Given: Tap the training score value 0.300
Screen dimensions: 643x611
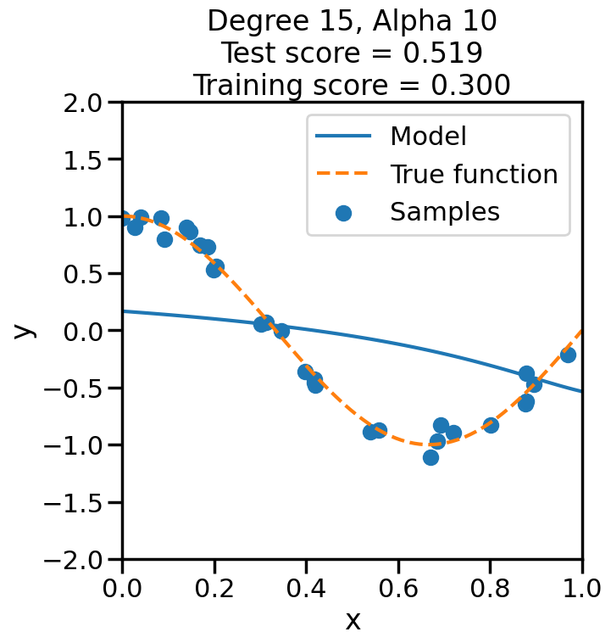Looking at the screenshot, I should tap(472, 85).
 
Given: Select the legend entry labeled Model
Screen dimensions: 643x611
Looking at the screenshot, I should tap(428, 136).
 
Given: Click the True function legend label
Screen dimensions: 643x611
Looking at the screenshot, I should tap(474, 174).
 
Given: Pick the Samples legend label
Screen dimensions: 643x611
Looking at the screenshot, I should tap(445, 212).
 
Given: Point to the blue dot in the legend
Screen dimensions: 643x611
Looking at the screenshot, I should tap(343, 213).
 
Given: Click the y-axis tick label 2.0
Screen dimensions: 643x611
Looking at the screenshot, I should tap(87, 103).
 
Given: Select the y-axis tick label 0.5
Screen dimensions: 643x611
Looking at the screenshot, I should tap(87, 274).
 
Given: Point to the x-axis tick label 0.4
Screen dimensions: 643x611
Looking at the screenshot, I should tap(307, 587).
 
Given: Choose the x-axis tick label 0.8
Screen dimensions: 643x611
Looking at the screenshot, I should tap(491, 587).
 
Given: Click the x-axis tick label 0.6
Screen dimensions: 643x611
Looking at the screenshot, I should tap(398, 587).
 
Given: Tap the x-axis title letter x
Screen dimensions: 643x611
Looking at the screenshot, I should tap(353, 620).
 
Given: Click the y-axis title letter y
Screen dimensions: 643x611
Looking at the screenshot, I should tap(25, 330).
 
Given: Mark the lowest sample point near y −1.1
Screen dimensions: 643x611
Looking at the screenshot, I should tap(430, 457).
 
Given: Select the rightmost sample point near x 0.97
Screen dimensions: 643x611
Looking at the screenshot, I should tap(568, 355).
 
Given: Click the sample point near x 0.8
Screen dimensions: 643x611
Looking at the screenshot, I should tap(491, 425).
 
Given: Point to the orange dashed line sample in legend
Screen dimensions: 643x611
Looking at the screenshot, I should tap(343, 175).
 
